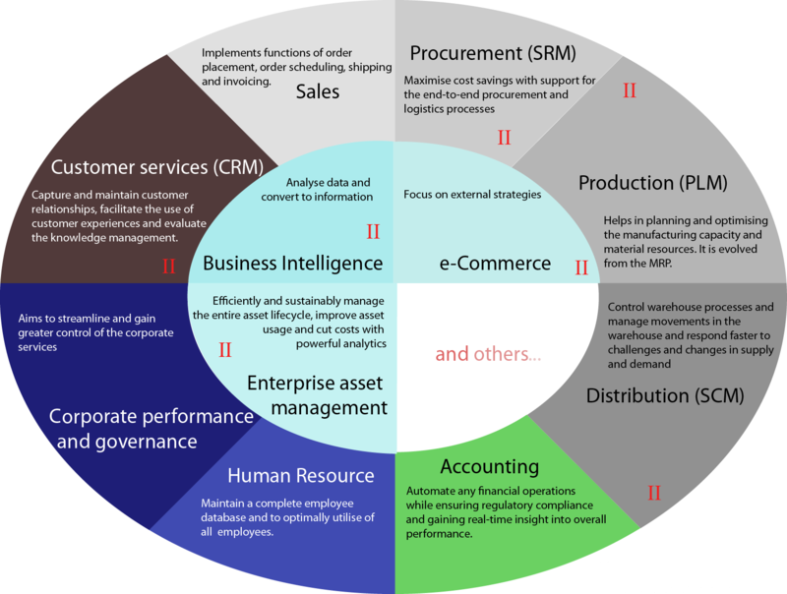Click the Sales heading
point(317,91)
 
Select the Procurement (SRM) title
point(492,52)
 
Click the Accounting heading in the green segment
point(489,465)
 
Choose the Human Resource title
point(301,476)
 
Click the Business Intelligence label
point(292,264)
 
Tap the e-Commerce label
point(493,264)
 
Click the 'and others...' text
point(487,354)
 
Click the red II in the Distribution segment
point(654,491)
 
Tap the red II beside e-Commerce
point(580,267)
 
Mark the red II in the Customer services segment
point(168,266)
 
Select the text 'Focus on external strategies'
point(472,195)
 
